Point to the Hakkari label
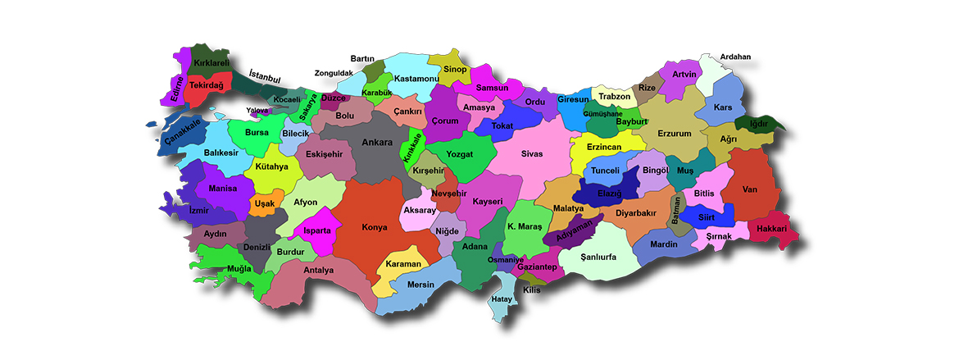coord(771,228)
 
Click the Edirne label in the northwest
coord(176,89)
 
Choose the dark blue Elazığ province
coord(608,194)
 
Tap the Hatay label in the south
coord(501,299)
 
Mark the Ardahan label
coord(735,57)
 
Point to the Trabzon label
coord(615,96)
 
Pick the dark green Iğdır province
coord(759,123)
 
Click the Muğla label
coord(240,268)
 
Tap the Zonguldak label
coord(334,73)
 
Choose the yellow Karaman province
coord(403,265)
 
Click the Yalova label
coord(257,110)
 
